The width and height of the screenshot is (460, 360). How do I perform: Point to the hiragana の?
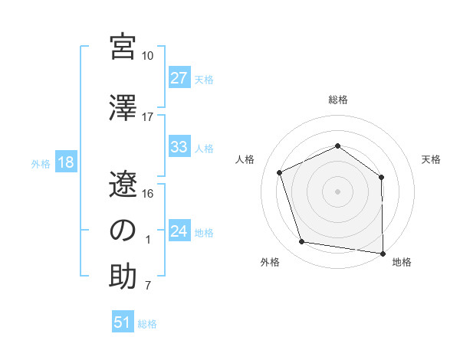coord(123,230)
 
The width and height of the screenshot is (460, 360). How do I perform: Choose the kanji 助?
coord(123,276)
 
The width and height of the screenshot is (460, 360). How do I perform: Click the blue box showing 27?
coord(179,78)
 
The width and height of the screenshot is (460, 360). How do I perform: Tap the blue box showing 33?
coord(179,147)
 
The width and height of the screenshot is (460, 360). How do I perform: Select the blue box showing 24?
coord(179,231)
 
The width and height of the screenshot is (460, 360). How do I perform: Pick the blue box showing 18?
coord(64,162)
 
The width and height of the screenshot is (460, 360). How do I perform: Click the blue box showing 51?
coord(123,322)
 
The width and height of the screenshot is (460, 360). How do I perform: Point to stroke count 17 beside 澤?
coord(148,117)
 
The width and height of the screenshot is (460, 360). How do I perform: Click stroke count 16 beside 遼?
coord(148,193)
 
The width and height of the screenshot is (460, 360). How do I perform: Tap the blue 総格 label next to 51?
coord(147,324)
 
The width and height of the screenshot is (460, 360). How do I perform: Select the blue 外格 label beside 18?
coord(41,163)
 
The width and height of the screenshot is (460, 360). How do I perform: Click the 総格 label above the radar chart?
coord(338,100)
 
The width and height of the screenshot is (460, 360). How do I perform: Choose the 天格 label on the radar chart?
coord(431,159)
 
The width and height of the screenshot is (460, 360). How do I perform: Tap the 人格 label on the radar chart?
coord(245,159)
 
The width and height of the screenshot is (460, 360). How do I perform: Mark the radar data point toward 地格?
coord(383,253)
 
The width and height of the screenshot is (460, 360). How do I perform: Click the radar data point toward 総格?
coord(338,146)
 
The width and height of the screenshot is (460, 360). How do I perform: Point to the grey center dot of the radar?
coord(338,191)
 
